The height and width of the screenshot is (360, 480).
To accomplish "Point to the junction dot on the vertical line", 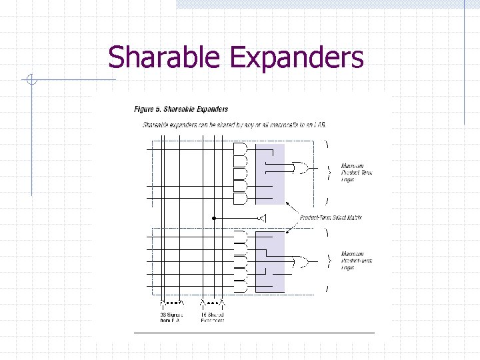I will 214,218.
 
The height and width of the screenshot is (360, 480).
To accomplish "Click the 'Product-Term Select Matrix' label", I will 331,218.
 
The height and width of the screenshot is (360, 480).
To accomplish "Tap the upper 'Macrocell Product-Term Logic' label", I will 357,172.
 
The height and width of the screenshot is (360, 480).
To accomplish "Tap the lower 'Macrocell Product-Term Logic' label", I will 357,260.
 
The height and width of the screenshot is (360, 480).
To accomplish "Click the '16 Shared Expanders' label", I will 212,317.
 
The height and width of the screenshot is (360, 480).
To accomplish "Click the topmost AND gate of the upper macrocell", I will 241,149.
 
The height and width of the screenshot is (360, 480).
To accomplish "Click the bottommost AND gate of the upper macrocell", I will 241,198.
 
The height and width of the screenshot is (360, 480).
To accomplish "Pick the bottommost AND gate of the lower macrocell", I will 241,287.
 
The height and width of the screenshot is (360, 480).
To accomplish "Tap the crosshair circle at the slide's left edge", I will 31,81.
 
